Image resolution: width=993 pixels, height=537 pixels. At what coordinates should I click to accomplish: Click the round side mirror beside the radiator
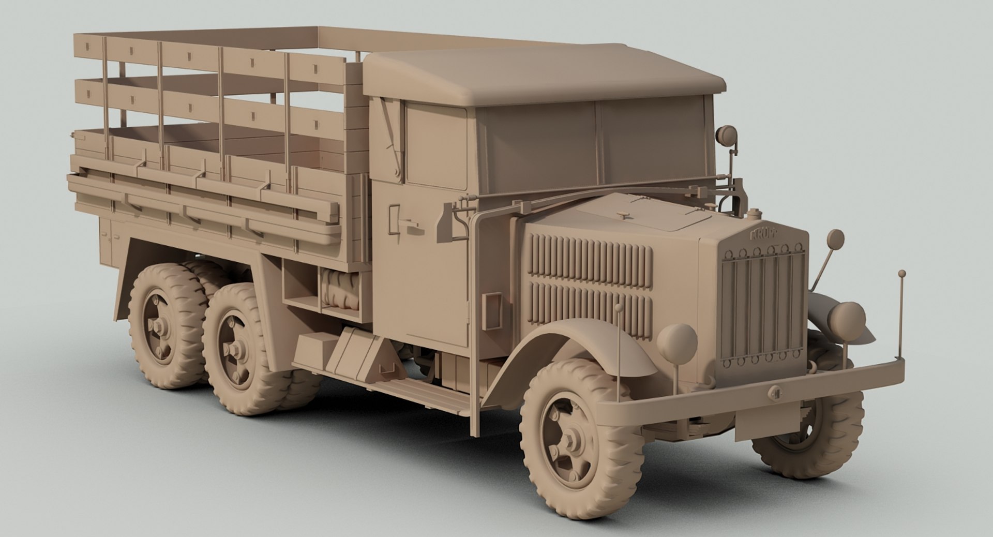pos(835,239)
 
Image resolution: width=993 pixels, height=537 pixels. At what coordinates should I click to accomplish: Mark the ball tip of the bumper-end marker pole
pos(901,273)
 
